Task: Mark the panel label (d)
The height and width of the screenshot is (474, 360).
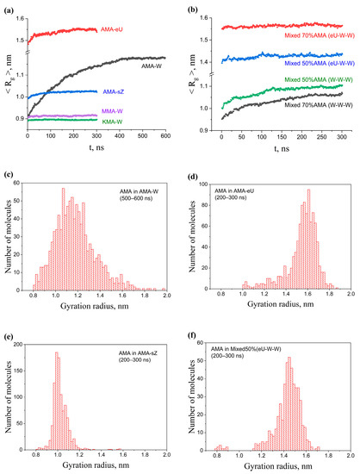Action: pos(191,178)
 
